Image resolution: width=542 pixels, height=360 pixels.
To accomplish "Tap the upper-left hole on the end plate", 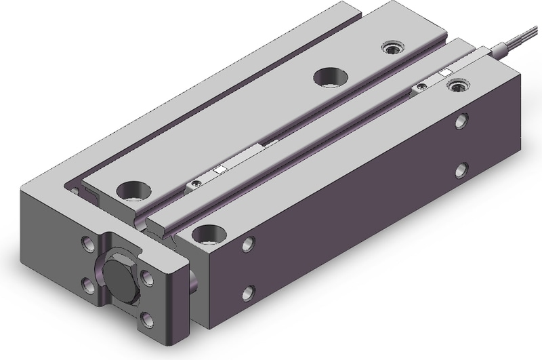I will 89,241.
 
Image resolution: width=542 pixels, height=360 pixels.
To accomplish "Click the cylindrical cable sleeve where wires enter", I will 505,49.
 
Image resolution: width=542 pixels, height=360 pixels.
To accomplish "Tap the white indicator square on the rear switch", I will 445,72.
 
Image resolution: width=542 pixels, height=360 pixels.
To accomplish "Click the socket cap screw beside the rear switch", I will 459,86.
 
